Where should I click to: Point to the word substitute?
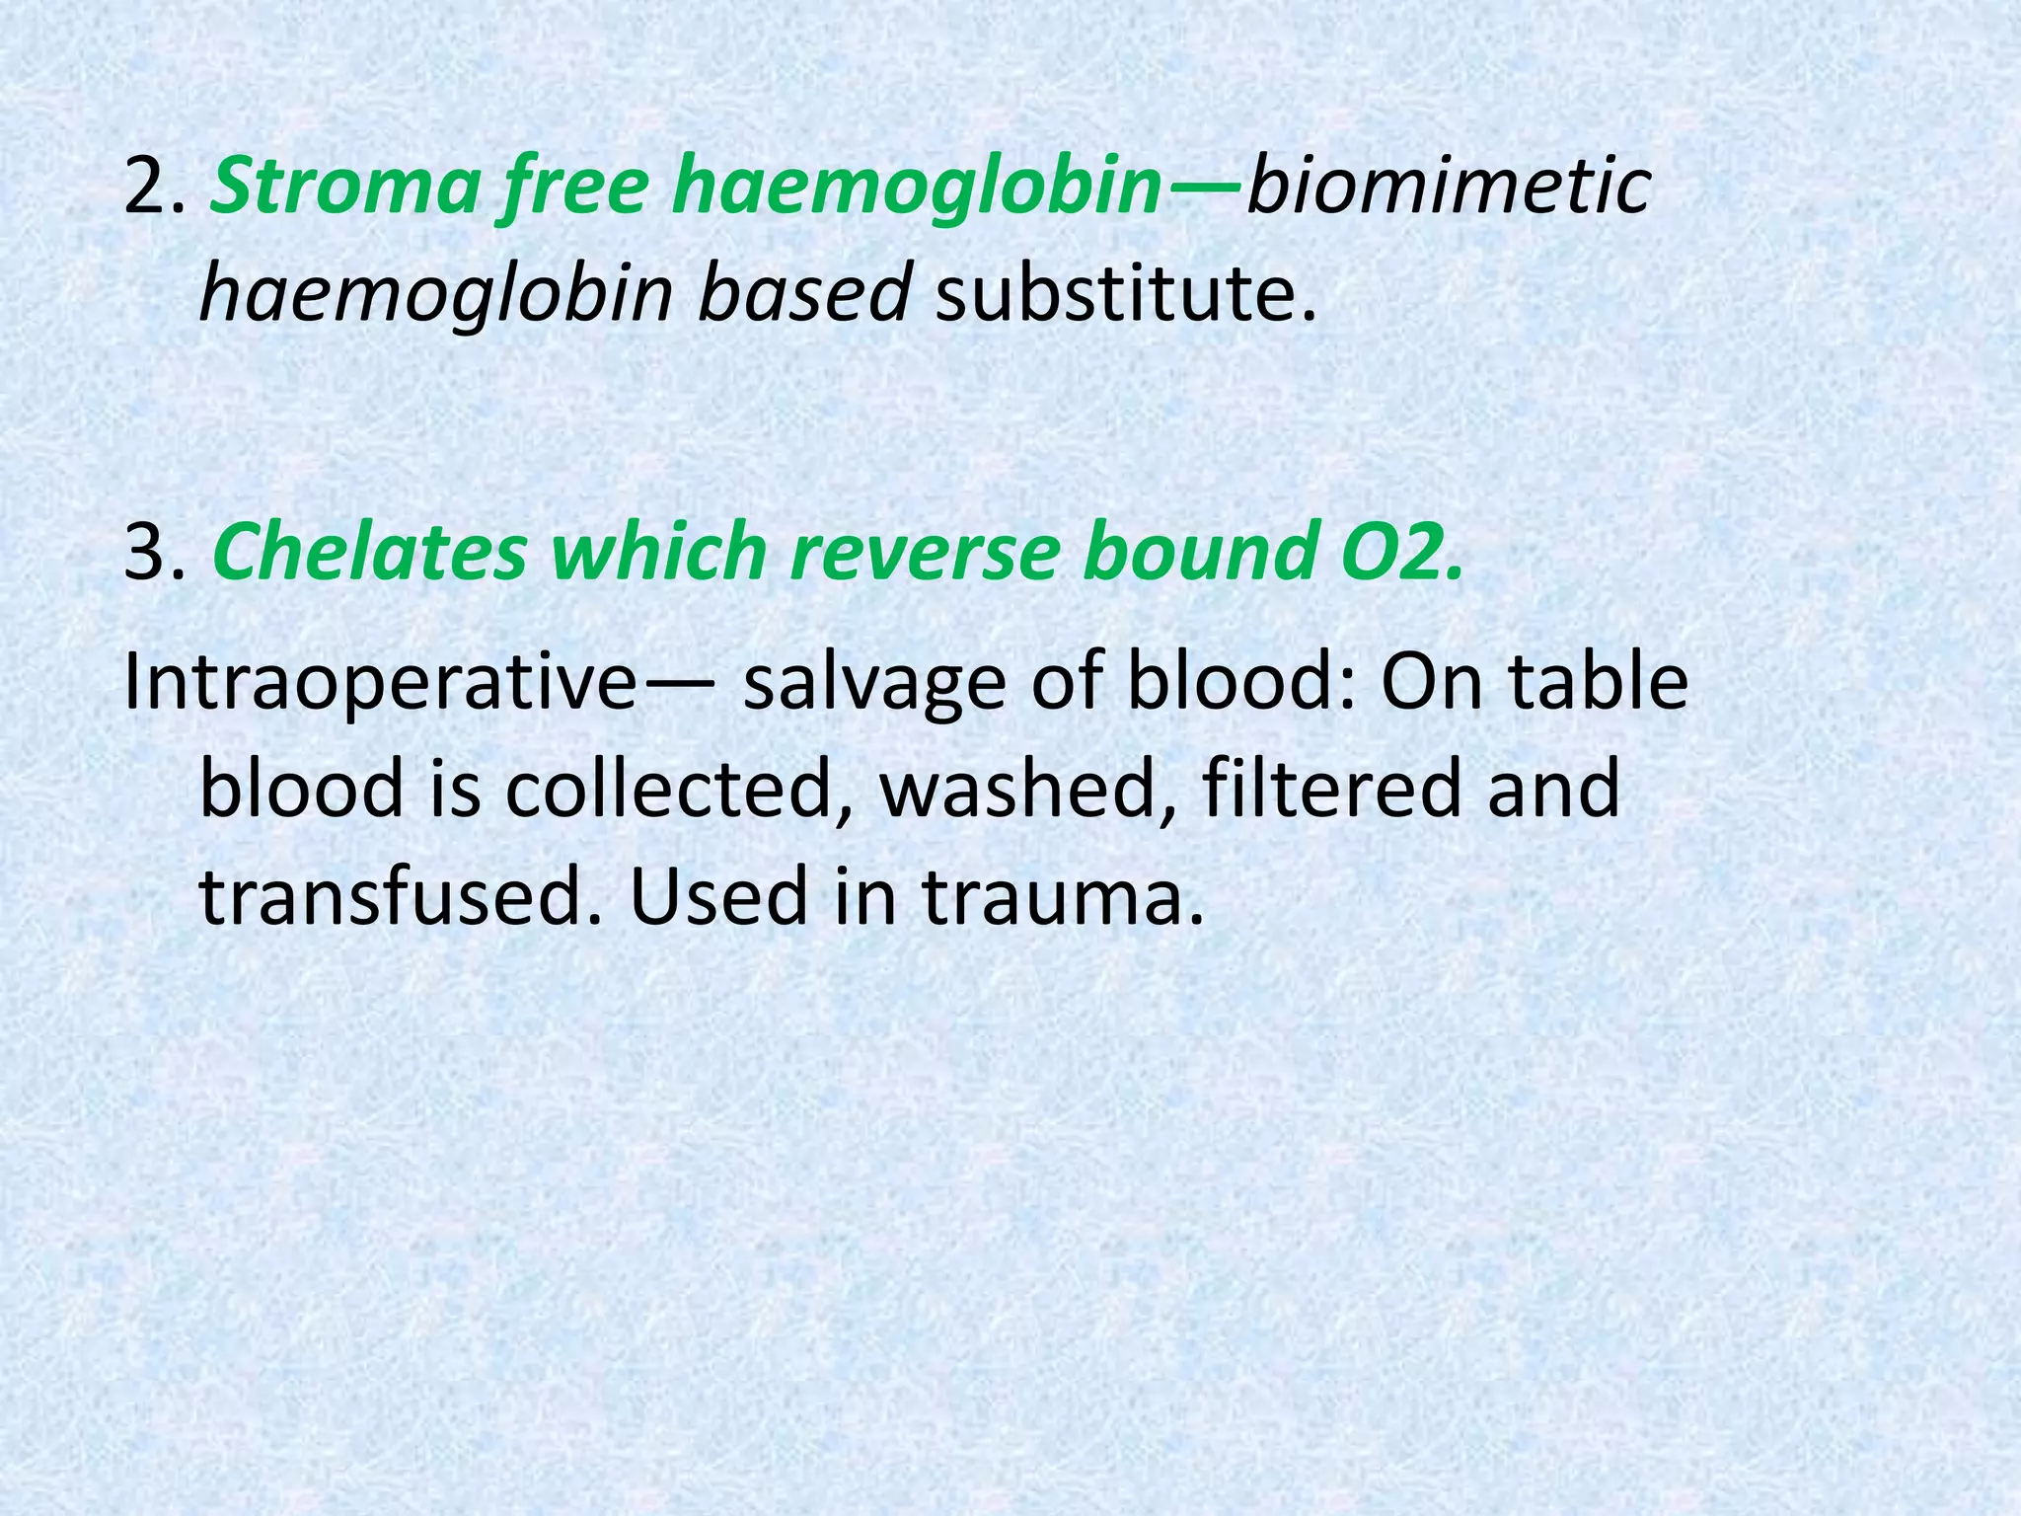pyautogui.click(x=1124, y=294)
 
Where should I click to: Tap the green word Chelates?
pyautogui.click(x=369, y=553)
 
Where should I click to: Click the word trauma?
pyautogui.click(x=1063, y=896)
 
